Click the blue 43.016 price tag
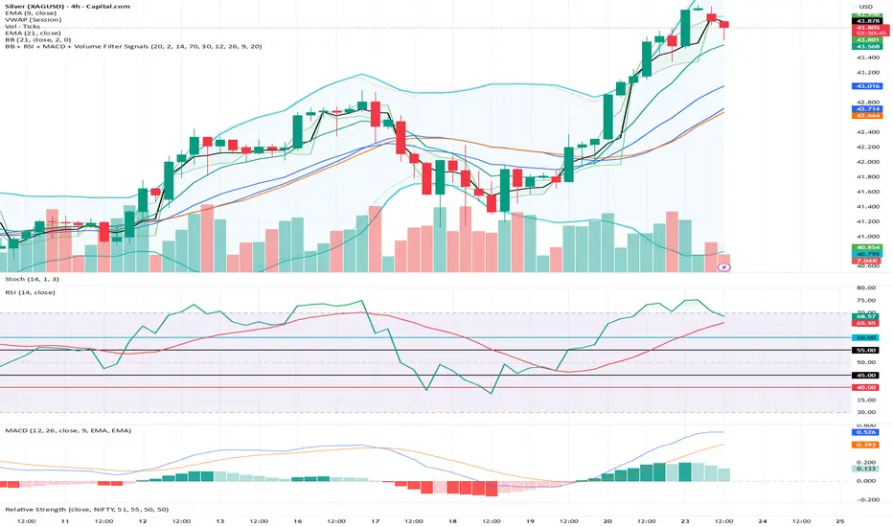[x=866, y=86]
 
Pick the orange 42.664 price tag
[x=866, y=117]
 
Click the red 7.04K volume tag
[x=866, y=260]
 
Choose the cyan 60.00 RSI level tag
[x=866, y=338]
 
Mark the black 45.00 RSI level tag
[x=866, y=376]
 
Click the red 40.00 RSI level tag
[x=866, y=388]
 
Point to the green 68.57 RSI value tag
[x=866, y=316]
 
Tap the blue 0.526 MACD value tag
[x=866, y=432]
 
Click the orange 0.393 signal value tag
[x=866, y=445]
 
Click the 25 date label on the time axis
[x=840, y=520]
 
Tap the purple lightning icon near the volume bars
[x=725, y=268]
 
